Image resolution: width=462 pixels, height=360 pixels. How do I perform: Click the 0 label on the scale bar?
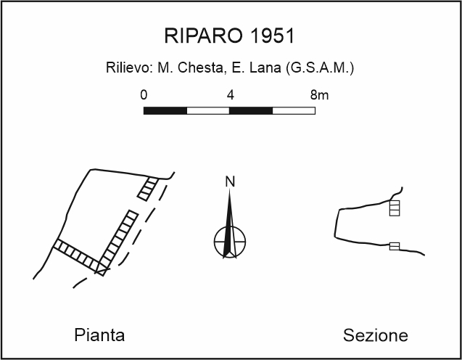tap(144, 95)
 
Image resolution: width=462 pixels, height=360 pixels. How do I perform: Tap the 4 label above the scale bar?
tap(230, 95)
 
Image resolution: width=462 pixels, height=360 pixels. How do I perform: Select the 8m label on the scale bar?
tap(318, 95)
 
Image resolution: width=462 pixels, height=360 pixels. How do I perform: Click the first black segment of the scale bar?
tap(165, 111)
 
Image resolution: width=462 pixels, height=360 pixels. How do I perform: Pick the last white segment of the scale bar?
tap(294, 111)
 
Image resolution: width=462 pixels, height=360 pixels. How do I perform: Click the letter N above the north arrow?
tap(231, 181)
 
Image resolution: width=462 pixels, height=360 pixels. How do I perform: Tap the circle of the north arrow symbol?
tap(230, 240)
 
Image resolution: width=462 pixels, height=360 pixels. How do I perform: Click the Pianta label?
tap(99, 335)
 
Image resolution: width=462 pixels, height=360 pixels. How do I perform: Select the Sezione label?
tap(375, 335)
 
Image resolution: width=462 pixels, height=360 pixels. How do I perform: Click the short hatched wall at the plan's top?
tap(148, 188)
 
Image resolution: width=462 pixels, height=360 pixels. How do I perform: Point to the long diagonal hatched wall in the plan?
tap(117, 241)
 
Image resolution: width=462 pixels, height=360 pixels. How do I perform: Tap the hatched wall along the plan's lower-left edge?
tap(75, 254)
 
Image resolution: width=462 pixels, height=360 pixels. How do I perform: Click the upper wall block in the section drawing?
tap(395, 209)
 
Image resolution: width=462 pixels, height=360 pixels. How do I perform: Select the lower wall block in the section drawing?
tap(395, 246)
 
